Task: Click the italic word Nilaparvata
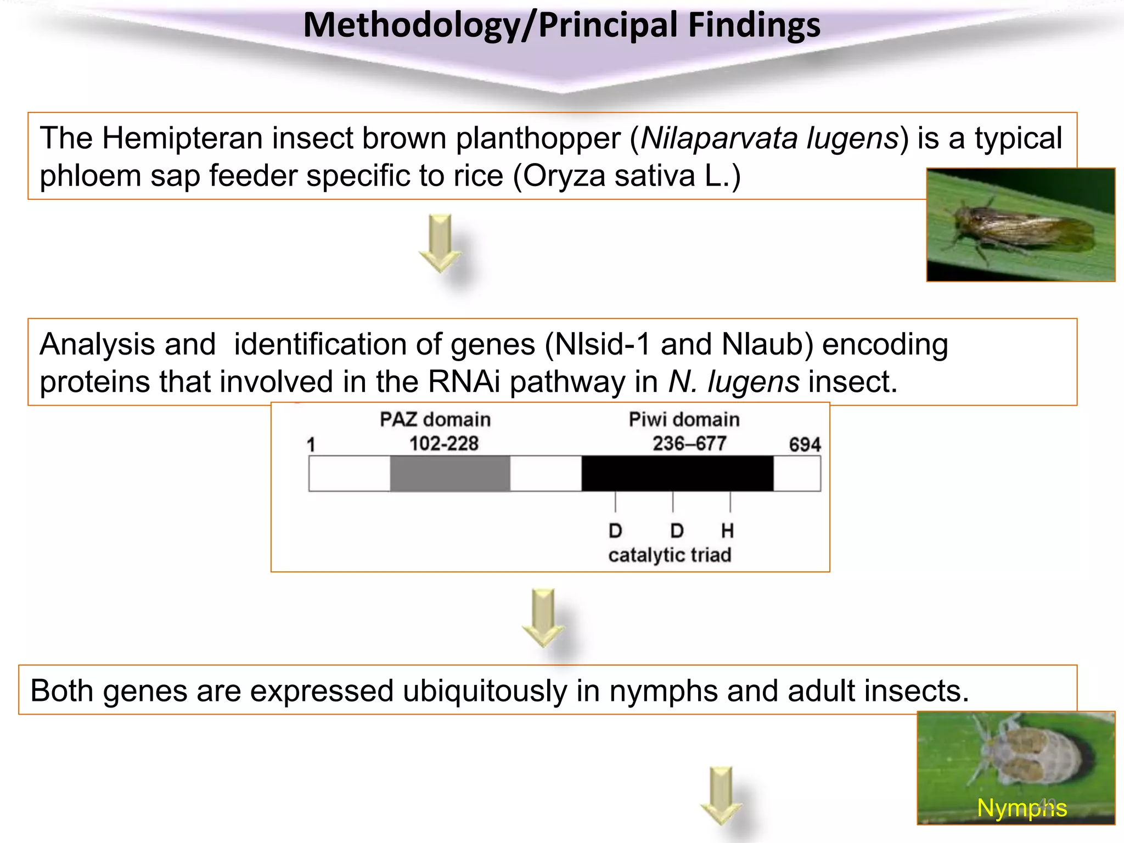tap(718, 138)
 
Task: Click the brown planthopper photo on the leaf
tap(1021, 225)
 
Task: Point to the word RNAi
tap(464, 382)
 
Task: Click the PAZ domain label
tap(435, 420)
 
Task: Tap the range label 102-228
tap(443, 443)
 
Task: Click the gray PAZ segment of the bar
tap(450, 473)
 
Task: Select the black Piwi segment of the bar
tap(677, 473)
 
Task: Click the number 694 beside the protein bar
tap(805, 445)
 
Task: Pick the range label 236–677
tap(689, 443)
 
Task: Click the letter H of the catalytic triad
tap(727, 531)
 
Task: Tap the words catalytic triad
tap(670, 555)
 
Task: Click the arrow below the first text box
tap(440, 243)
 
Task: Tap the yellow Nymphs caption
tap(1021, 808)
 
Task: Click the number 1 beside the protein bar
tap(311, 445)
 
